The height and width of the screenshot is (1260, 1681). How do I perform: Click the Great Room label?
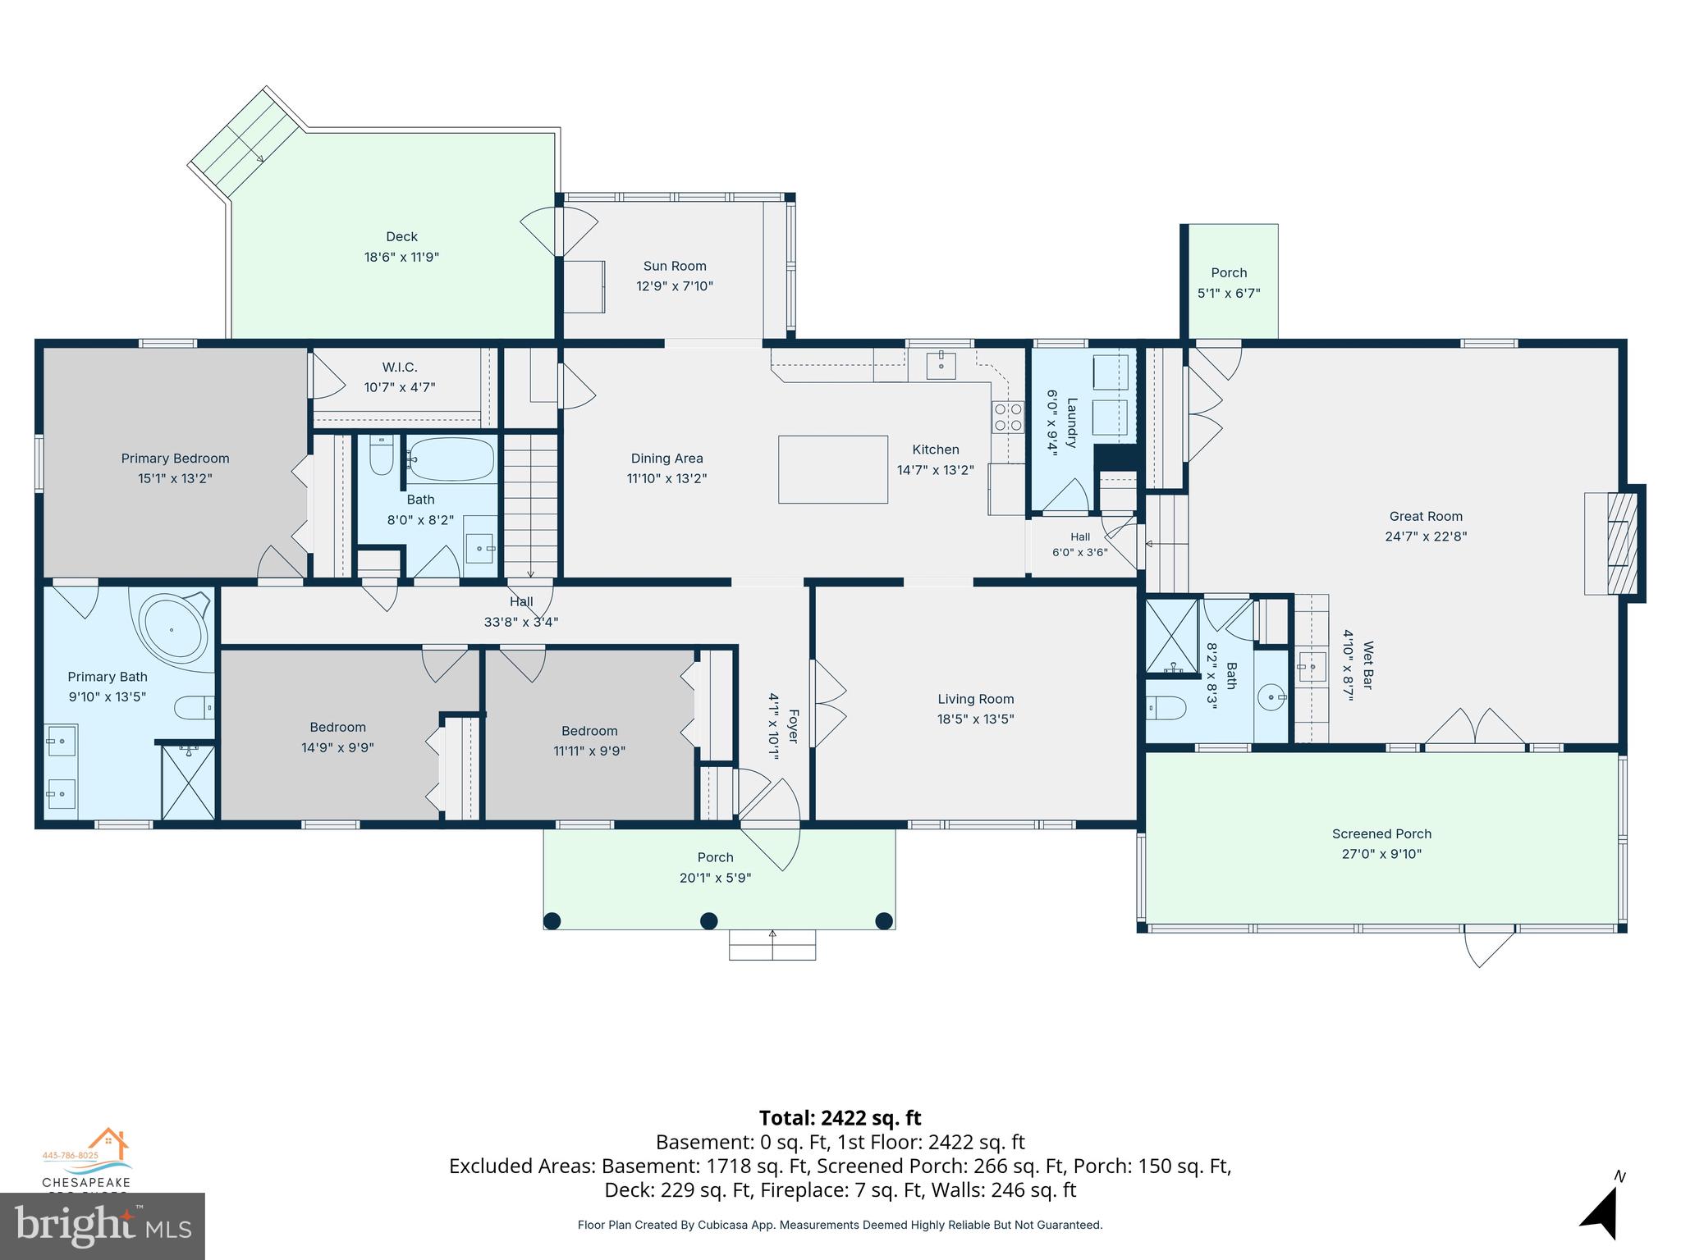1426,517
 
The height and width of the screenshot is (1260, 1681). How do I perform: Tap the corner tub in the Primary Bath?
172,628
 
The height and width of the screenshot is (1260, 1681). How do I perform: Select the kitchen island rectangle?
833,469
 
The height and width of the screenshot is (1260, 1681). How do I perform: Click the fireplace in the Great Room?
1617,542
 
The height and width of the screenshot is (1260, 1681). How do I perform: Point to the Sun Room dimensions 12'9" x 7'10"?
675,286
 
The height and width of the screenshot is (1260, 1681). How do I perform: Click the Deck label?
402,237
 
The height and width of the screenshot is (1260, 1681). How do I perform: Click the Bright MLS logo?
103,1226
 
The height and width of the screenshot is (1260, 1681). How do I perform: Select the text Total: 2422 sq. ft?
840,1118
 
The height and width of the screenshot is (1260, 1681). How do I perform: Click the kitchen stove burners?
1009,417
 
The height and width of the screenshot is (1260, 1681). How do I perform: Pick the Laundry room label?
1071,422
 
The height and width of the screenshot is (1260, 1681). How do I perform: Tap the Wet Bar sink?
1312,666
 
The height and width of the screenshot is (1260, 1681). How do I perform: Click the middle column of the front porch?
709,920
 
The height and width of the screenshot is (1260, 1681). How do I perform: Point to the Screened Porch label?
1381,834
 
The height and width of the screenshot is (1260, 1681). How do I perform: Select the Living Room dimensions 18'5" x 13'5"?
976,719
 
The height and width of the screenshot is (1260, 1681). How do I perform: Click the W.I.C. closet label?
400,367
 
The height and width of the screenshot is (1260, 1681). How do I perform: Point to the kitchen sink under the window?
941,366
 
